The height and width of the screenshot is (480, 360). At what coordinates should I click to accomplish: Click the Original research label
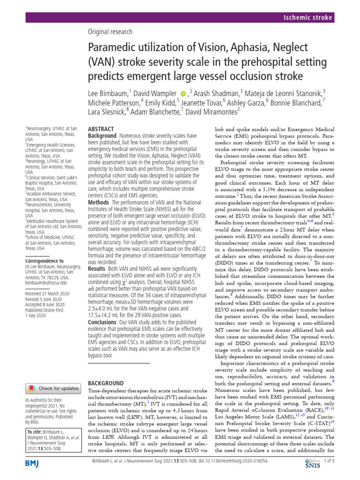pos(110,32)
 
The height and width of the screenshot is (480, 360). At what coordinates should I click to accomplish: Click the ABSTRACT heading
pos(101,128)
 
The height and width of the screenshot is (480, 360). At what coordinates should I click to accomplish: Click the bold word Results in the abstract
pos(97,269)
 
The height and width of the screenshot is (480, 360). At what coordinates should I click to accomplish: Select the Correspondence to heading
pos(45,261)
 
